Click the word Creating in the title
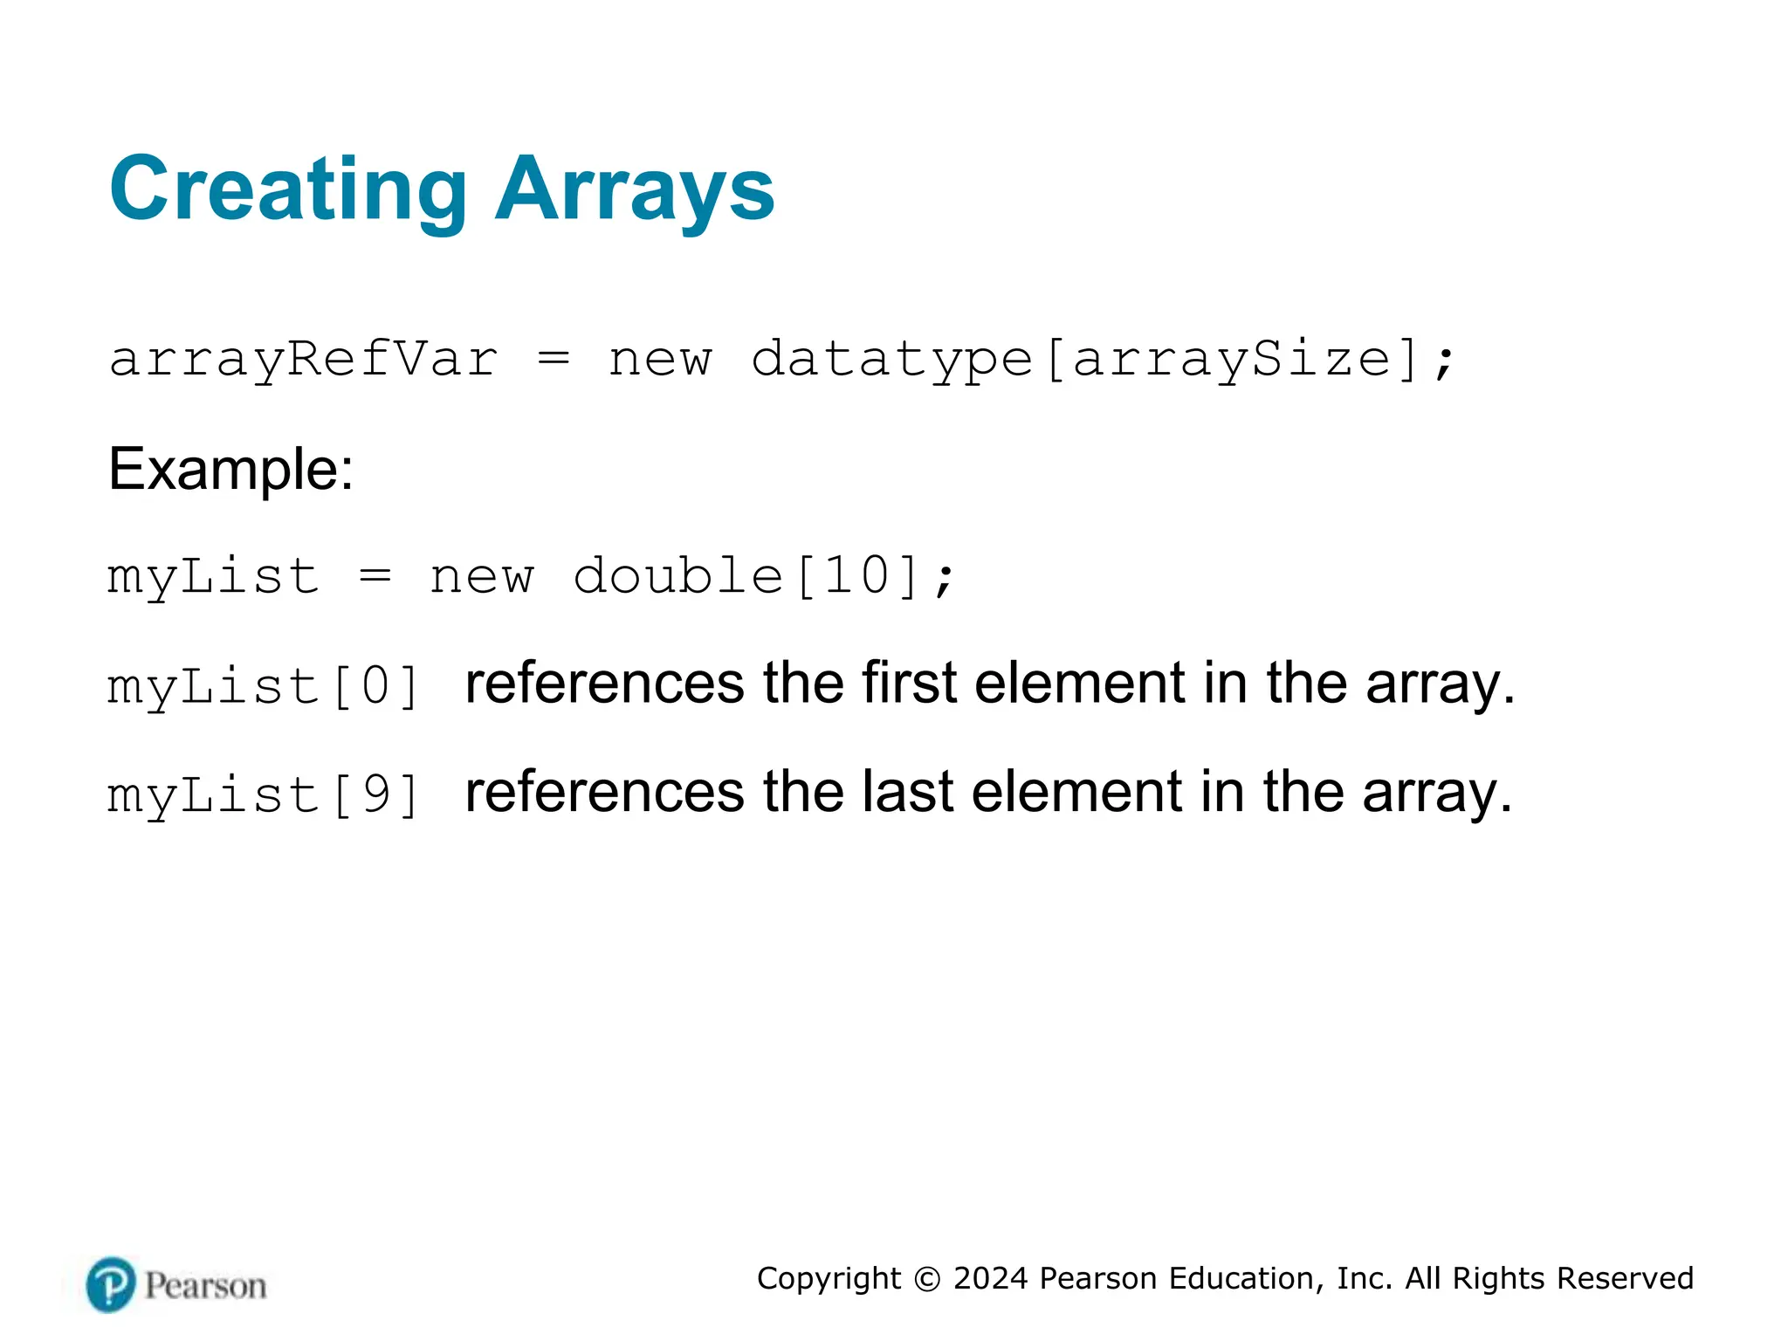tap(288, 189)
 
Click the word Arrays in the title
tap(635, 189)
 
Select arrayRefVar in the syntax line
tap(303, 360)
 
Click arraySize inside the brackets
tap(1231, 360)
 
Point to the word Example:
tap(230, 470)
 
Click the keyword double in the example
tap(677, 577)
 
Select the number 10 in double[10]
tap(858, 577)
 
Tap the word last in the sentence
tap(907, 792)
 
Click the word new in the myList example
tap(481, 577)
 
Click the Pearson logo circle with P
tap(111, 1284)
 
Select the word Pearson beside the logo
tap(205, 1286)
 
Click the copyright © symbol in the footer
tap(927, 1279)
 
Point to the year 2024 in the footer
tap(990, 1279)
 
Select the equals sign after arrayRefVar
tap(554, 360)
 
